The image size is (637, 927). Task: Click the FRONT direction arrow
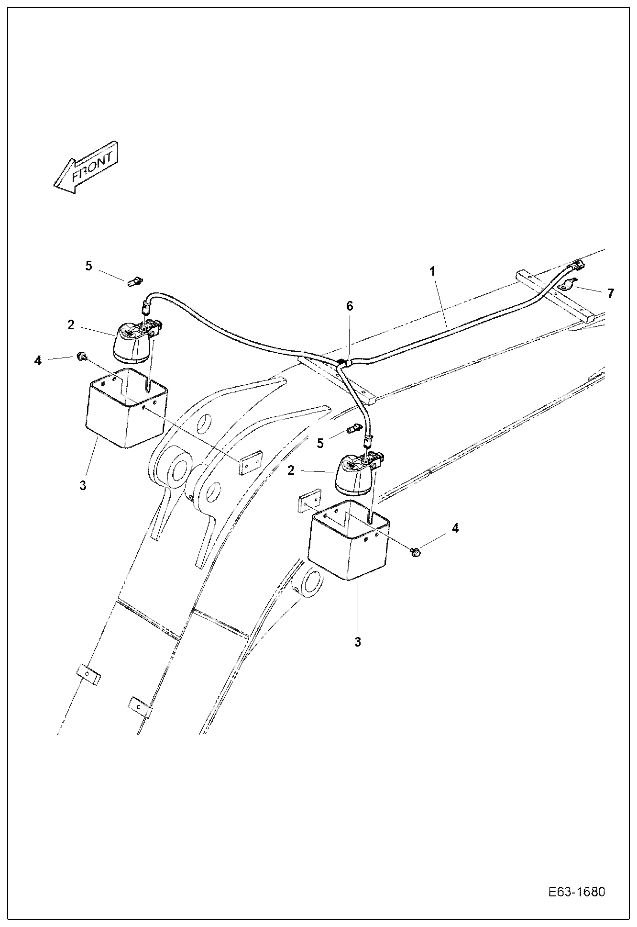[x=85, y=168]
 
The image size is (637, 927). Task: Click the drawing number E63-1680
[x=577, y=892]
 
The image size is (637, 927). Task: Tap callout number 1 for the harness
[x=432, y=271]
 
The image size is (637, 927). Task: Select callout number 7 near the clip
[x=610, y=294]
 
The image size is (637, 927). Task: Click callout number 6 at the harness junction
[x=350, y=306]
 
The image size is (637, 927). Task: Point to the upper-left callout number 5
[x=89, y=266]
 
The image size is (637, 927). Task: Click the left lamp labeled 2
[x=134, y=341]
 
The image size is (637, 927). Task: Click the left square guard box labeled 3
[x=125, y=409]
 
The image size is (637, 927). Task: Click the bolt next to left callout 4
[x=82, y=356]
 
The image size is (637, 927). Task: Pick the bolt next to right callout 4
[x=416, y=552]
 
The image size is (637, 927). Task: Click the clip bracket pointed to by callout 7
[x=567, y=286]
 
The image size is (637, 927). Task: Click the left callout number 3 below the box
[x=83, y=485]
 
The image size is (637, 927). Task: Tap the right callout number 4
[x=455, y=528]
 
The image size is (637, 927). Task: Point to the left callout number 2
[x=71, y=325]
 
